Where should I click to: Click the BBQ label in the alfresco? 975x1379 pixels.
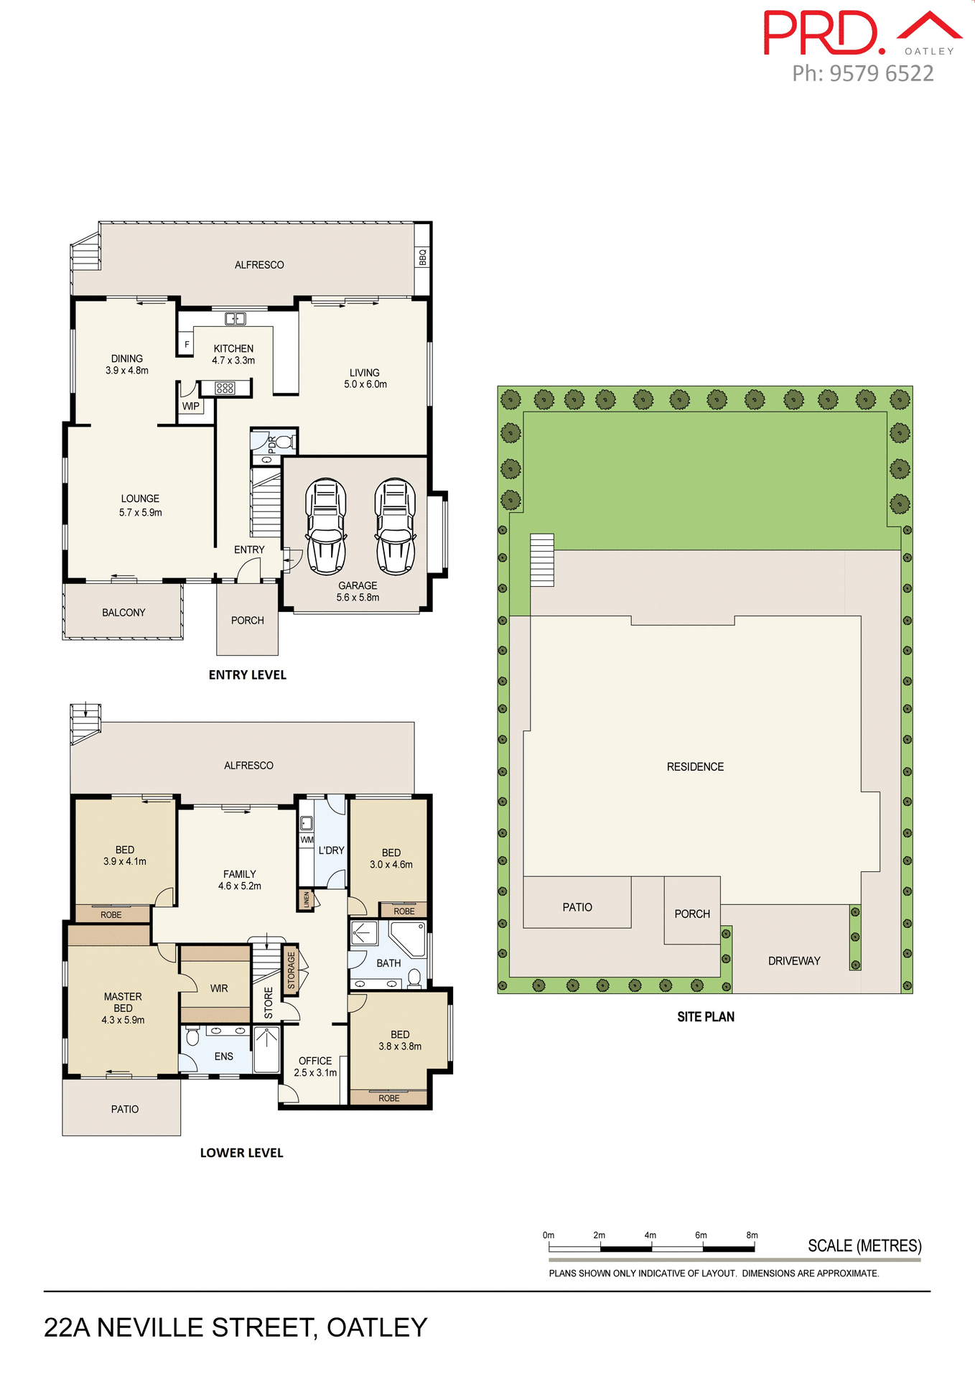pyautogui.click(x=422, y=256)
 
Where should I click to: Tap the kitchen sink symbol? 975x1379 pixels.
pyautogui.click(x=235, y=318)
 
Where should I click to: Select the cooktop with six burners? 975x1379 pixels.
pyautogui.click(x=225, y=388)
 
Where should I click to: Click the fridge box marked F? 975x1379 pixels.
pyautogui.click(x=187, y=345)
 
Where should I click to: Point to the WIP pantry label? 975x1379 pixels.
pyautogui.click(x=191, y=407)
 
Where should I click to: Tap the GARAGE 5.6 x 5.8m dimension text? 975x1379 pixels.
pyautogui.click(x=358, y=591)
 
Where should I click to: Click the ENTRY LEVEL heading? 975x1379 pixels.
pyautogui.click(x=247, y=674)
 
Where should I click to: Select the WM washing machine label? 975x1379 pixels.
pyautogui.click(x=307, y=840)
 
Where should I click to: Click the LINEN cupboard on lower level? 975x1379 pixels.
pyautogui.click(x=307, y=899)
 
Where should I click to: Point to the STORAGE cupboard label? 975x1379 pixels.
pyautogui.click(x=291, y=970)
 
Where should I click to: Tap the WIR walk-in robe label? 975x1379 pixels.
pyautogui.click(x=219, y=988)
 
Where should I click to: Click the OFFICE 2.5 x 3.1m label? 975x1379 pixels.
pyautogui.click(x=315, y=1067)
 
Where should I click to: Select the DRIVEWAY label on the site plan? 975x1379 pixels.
pyautogui.click(x=794, y=961)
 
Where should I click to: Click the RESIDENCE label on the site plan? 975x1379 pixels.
pyautogui.click(x=695, y=767)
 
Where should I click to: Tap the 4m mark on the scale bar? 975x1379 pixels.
pyautogui.click(x=650, y=1235)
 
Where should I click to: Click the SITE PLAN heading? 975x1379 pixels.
pyautogui.click(x=706, y=1016)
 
